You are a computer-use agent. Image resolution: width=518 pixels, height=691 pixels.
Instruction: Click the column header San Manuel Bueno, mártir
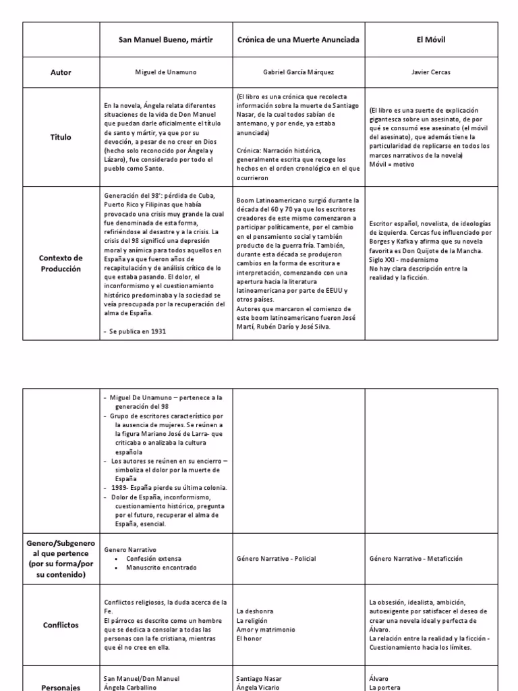click(x=165, y=40)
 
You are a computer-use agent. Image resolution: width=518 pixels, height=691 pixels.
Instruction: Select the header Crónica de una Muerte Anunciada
click(x=297, y=40)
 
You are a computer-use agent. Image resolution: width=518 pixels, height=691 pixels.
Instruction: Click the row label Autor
click(x=61, y=72)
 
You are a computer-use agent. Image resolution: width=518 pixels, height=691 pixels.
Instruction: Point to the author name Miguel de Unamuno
click(x=165, y=72)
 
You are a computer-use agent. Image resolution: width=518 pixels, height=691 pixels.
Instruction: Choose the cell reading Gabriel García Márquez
click(x=297, y=72)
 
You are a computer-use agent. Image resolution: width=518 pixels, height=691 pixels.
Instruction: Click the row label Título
click(x=61, y=138)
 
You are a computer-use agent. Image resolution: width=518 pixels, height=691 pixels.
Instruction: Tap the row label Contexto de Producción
click(x=61, y=263)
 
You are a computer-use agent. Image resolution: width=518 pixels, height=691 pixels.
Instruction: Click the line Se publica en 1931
click(x=138, y=331)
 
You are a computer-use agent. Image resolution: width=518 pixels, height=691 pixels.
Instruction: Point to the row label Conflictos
click(x=61, y=625)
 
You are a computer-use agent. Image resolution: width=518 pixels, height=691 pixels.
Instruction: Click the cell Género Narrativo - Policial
click(x=276, y=559)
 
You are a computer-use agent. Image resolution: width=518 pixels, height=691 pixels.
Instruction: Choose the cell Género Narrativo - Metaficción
click(x=415, y=559)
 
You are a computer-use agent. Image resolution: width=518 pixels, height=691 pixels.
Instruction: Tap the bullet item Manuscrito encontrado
click(x=161, y=568)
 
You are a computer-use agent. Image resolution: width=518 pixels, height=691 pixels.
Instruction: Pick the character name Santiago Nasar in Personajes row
click(x=259, y=679)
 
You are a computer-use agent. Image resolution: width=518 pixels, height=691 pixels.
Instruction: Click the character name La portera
click(x=386, y=688)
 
